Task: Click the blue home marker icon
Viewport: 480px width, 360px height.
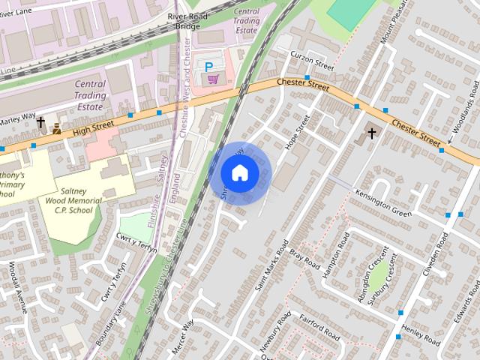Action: click(239, 173)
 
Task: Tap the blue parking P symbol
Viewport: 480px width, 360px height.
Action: click(208, 66)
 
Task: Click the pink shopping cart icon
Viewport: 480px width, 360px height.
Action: click(214, 78)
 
